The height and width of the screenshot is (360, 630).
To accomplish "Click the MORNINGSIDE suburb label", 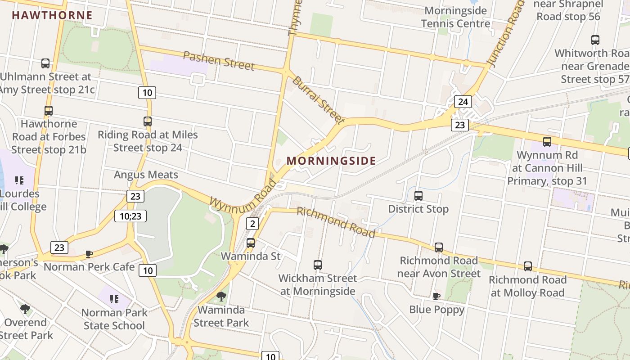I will pos(331,161).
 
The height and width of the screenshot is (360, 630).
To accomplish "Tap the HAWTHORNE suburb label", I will pos(52,15).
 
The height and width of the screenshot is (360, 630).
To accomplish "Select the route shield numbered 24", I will pos(463,102).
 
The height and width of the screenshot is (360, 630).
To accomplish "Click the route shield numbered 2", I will pos(252,224).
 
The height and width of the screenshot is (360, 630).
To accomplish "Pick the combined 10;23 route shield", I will pos(130,216).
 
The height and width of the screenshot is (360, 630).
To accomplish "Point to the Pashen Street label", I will pos(219,61).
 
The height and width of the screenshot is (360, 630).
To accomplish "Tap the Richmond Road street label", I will pos(336,222).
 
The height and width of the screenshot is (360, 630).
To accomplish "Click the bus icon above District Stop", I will pos(418,196).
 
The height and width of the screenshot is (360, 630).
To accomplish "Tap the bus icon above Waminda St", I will pos(251,243).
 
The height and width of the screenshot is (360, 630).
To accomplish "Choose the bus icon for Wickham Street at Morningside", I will pos(318,265).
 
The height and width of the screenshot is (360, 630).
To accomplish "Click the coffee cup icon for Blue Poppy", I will pos(436,296).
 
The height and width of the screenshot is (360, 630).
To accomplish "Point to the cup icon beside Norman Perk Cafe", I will pos(89,254).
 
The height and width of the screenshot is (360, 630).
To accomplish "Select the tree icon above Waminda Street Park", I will pos(221,296).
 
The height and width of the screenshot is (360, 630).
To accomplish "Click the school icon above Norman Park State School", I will pos(114,299).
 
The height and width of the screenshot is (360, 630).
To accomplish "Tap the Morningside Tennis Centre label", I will pos(455,17).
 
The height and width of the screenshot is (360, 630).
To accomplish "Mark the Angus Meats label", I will pos(146,175).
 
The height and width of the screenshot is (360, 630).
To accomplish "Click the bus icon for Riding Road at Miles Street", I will pos(148,121).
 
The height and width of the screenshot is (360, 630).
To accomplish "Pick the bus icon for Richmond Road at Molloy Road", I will pos(528,266).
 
